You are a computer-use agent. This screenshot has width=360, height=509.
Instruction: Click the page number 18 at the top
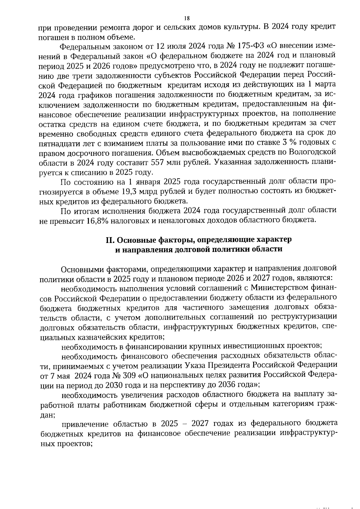[x=187, y=18]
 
